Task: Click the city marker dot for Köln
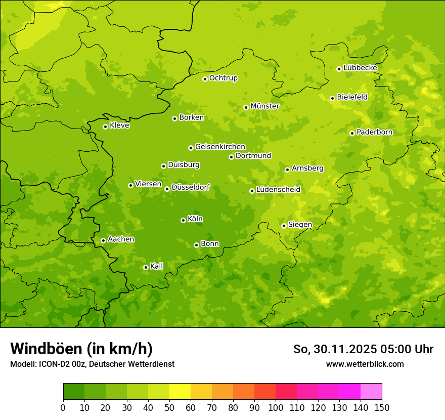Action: point(183,220)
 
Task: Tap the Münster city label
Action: point(264,106)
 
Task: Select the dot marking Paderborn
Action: point(352,133)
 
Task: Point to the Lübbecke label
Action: point(360,68)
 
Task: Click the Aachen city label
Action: point(121,239)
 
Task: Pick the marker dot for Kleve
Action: point(105,127)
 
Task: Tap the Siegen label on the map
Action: point(300,225)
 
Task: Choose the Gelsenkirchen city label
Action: point(220,147)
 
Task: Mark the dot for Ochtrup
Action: point(205,79)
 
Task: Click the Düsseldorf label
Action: point(190,187)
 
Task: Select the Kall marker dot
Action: point(146,267)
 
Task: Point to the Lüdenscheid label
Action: point(278,190)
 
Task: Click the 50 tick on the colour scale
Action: point(169,407)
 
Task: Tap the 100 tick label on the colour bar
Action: point(276,407)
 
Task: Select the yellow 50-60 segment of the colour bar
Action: point(180,392)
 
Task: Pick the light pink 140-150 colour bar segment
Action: point(371,392)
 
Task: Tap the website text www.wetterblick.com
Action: point(365,364)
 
